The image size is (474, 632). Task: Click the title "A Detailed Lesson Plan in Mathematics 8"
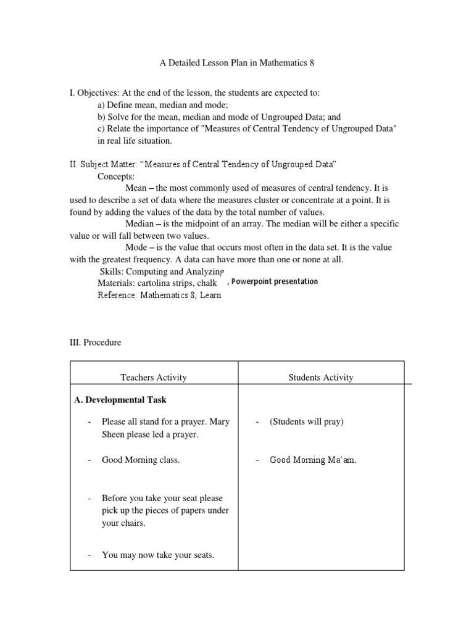236,64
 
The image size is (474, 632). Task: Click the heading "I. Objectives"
93,93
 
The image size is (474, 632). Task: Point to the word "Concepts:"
116,176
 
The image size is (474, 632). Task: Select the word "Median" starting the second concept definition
140,223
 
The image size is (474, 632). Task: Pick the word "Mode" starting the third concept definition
137,247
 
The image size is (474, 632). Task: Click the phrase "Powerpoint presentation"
275,281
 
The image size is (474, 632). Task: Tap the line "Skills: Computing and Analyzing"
162,271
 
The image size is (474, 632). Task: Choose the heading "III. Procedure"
95,343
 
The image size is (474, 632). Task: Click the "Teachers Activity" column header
154,378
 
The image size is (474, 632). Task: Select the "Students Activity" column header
321,378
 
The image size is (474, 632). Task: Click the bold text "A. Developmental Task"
120,400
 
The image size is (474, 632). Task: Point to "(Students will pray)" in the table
306,422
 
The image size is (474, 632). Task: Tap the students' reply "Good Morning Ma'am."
313,460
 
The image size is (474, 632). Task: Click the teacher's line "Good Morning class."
141,460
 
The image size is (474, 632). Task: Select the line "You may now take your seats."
158,555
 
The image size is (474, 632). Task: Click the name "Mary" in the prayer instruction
219,422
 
